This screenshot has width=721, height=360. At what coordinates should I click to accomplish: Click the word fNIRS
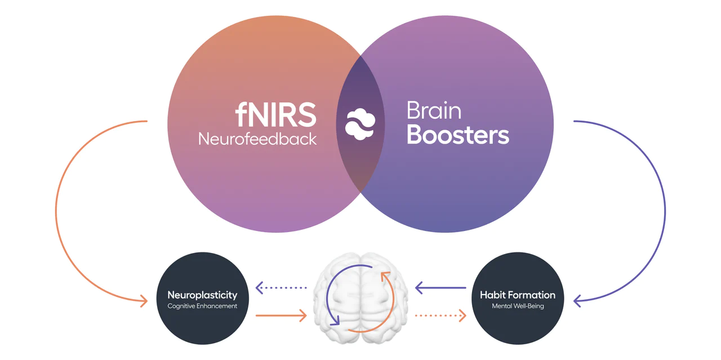(x=275, y=115)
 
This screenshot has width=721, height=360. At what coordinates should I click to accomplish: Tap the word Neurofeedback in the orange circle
(x=257, y=139)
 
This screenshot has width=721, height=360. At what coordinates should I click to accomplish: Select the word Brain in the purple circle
(x=434, y=110)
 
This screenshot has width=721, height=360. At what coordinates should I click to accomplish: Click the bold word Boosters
(x=458, y=135)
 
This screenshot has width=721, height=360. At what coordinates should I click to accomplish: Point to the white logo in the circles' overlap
(x=360, y=124)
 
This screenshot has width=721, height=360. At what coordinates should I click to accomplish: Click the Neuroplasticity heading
(x=202, y=295)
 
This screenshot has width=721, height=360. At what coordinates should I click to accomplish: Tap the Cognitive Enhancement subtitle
(x=202, y=306)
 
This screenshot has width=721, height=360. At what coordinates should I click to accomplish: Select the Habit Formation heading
(x=517, y=295)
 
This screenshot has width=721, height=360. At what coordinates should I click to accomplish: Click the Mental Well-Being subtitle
(x=517, y=306)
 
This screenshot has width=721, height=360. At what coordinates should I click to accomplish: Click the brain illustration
(x=360, y=299)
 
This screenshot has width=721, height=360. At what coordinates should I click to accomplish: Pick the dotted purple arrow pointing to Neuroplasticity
(x=281, y=288)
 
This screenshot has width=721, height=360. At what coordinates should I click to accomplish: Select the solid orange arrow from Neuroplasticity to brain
(x=281, y=315)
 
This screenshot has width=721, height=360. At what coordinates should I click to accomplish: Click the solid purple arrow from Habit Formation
(x=440, y=288)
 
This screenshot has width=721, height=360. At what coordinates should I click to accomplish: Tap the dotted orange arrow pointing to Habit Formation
(x=440, y=315)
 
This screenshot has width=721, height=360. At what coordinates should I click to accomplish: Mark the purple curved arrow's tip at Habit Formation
(x=577, y=301)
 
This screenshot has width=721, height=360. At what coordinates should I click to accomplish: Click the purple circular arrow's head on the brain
(x=336, y=322)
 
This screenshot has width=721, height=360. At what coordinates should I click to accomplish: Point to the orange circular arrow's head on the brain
(x=385, y=275)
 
